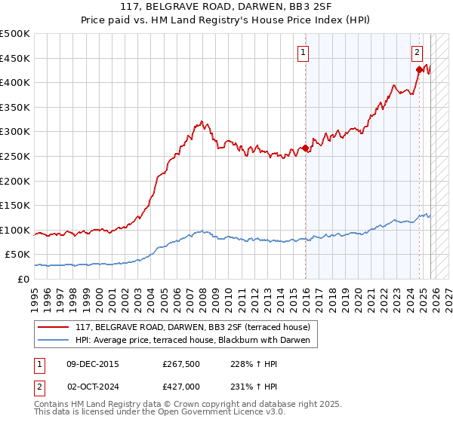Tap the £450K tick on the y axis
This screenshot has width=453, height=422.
coord(15,58)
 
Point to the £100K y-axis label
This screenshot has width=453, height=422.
coord(15,230)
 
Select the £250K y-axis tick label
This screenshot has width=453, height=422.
coord(15,156)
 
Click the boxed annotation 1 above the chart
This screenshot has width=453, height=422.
coord(303,52)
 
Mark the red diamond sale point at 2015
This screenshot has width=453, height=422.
coord(305,148)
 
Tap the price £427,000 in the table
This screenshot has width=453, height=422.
coord(180,385)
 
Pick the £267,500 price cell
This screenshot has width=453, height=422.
coord(180,364)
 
